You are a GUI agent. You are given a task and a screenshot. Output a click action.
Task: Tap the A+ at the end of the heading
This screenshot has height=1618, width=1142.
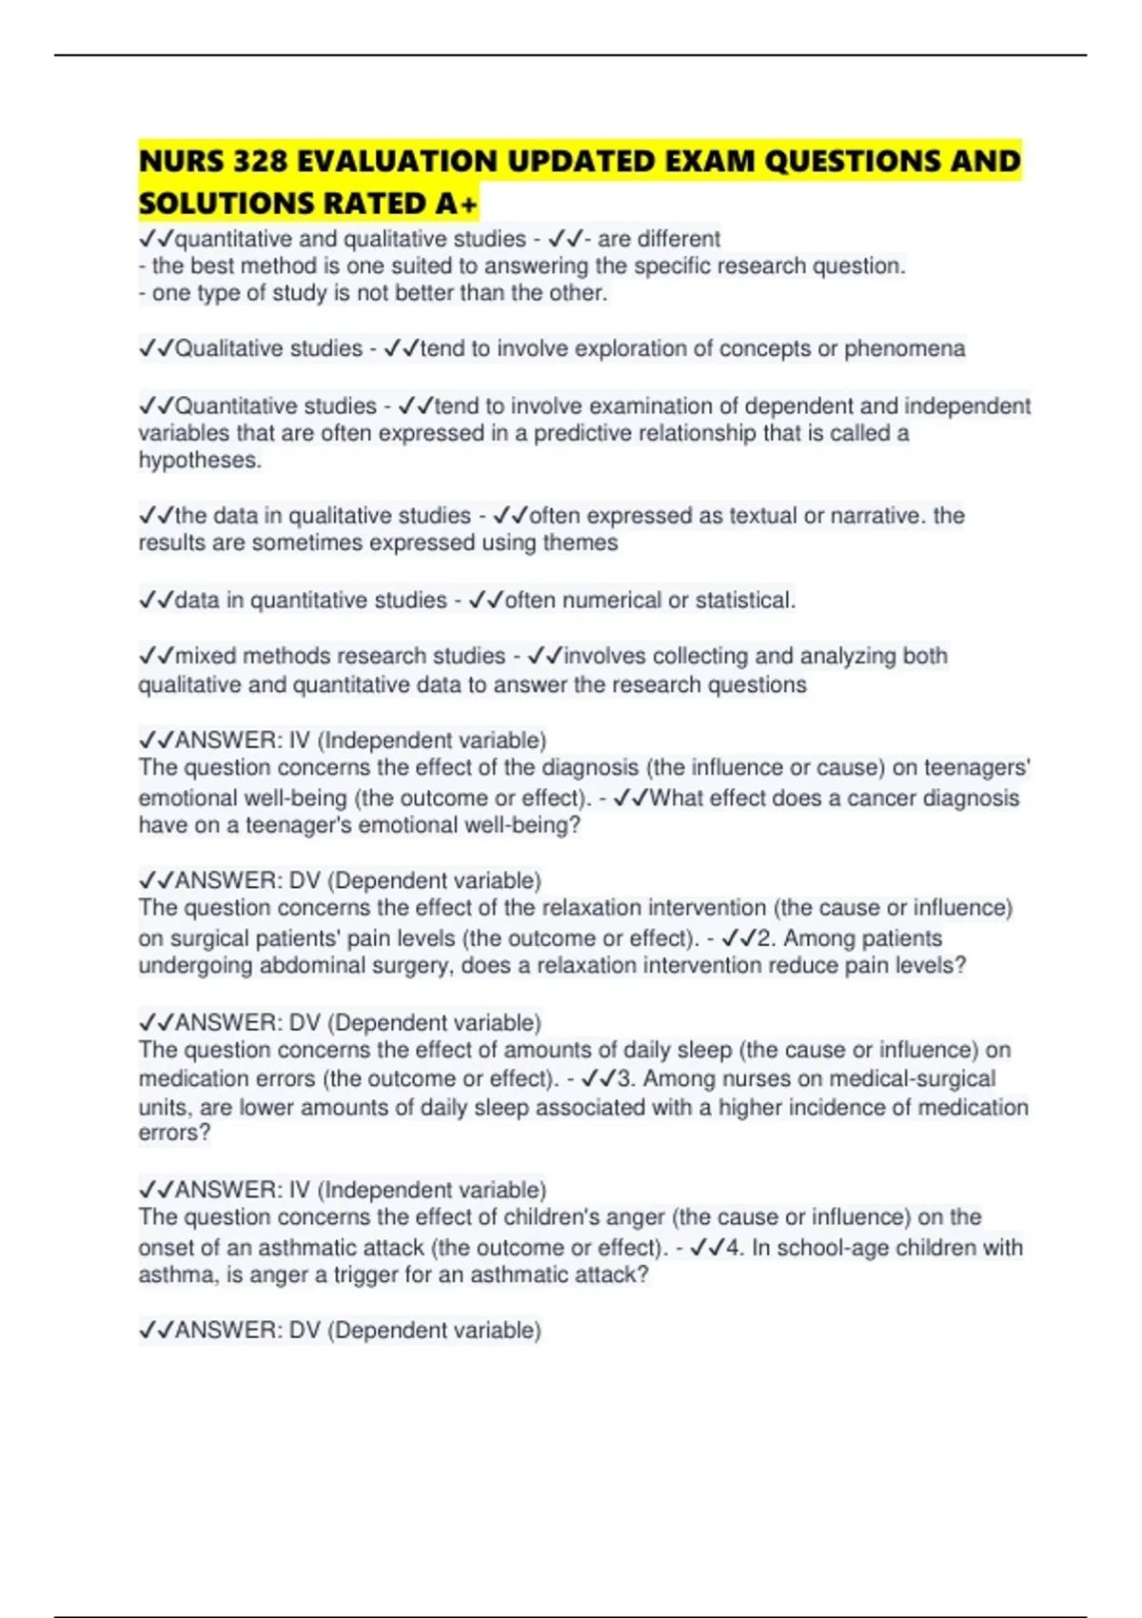click(x=457, y=204)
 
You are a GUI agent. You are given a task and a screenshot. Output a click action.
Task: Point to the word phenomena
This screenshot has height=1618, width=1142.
click(x=904, y=348)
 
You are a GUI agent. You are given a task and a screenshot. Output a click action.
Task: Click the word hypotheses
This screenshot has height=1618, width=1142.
click(x=199, y=461)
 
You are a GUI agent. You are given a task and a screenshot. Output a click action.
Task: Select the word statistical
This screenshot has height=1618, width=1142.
click(x=745, y=601)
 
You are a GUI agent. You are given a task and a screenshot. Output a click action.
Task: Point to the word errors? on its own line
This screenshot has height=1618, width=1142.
click(x=174, y=1133)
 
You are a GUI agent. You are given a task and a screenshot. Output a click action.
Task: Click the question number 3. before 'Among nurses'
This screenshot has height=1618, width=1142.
click(x=626, y=1078)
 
